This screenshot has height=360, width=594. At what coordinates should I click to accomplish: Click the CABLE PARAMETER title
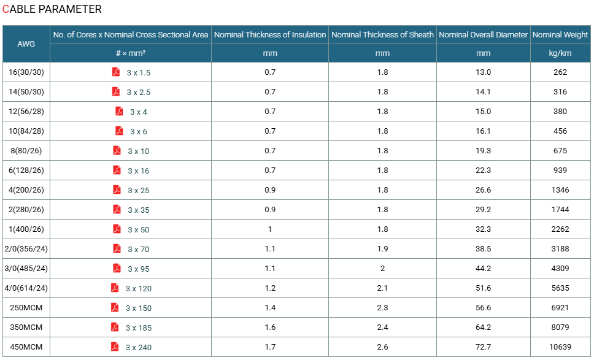52,9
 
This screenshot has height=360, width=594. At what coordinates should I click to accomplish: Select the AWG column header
26,44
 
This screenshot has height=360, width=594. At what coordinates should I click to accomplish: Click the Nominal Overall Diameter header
483,35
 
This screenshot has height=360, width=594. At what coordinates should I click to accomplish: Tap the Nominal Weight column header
560,35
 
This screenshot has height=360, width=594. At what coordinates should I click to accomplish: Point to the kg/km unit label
560,53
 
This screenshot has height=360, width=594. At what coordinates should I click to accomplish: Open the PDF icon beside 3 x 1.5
116,72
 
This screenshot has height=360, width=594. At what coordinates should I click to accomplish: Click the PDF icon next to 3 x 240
115,347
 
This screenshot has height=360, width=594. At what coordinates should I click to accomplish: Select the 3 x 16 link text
139,170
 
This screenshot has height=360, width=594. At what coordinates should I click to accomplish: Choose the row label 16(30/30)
26,72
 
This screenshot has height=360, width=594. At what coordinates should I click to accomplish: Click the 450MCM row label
26,347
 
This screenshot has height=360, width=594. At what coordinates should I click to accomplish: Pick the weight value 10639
560,347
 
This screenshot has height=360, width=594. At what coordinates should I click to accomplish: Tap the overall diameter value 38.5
484,249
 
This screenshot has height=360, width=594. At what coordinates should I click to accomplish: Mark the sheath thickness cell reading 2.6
383,347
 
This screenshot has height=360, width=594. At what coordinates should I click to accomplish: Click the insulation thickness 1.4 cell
270,308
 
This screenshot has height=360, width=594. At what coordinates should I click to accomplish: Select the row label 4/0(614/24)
26,288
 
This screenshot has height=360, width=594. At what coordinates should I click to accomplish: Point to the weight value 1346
560,190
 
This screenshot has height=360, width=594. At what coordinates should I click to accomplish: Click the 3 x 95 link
139,269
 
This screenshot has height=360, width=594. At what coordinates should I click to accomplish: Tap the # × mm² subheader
131,53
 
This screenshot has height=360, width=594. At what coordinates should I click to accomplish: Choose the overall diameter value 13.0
484,72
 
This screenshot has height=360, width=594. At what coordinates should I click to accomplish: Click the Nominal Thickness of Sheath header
383,35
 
